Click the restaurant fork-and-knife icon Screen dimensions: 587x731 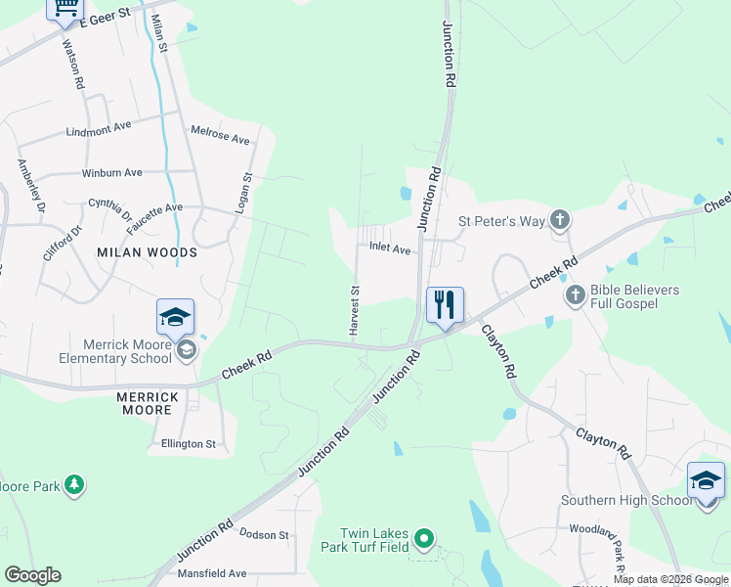point(445,304)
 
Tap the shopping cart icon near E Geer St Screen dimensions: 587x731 point(64,8)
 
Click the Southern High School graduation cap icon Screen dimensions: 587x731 point(706,480)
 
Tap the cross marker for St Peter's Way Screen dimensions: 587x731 point(559,219)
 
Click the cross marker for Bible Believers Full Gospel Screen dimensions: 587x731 point(575,293)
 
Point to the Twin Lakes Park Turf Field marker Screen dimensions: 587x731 point(423,538)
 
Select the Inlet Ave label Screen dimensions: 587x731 point(390,249)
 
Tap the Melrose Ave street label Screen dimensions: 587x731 point(221,135)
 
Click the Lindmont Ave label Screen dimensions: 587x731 point(99,129)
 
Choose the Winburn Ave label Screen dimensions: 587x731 point(111,173)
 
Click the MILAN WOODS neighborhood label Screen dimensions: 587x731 point(147,252)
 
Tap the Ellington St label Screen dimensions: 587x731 point(189,444)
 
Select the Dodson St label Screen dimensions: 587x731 point(265,535)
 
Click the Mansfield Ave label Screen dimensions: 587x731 point(211,573)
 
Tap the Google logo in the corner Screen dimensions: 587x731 point(32,575)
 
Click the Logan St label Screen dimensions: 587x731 point(245,193)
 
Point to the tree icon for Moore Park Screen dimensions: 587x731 point(73,484)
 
